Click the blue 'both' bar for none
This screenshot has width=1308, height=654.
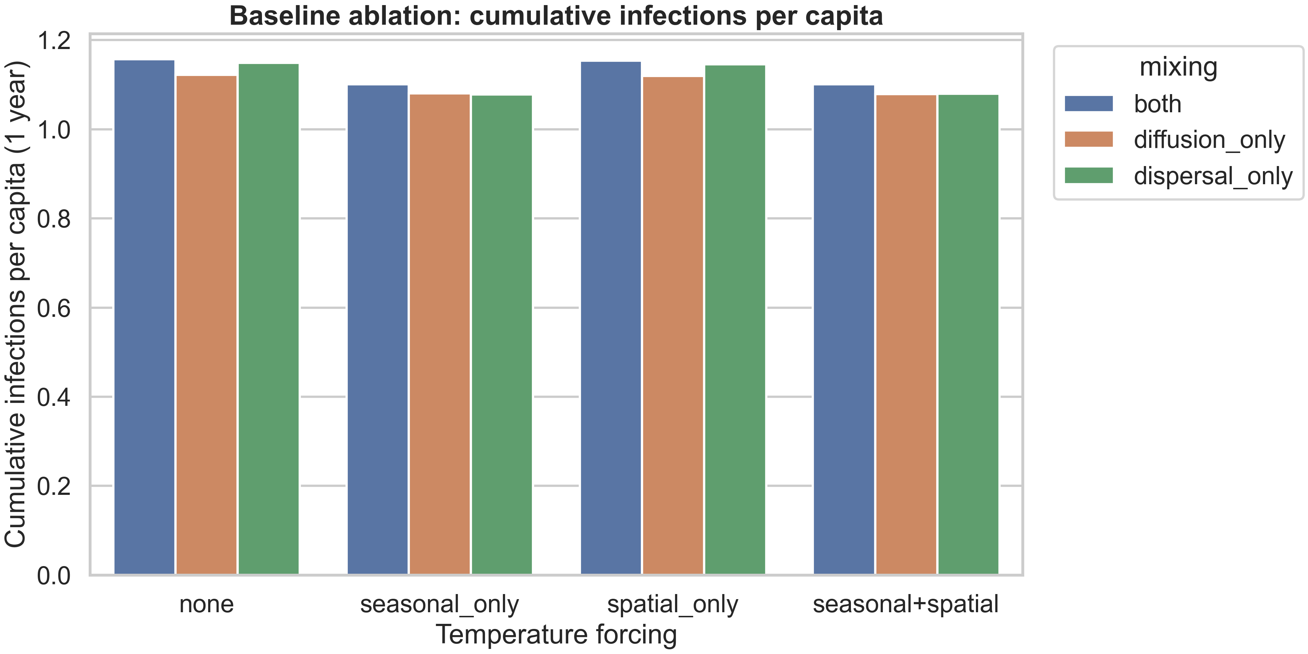pos(144,317)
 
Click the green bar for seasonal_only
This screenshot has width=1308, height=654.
pos(502,335)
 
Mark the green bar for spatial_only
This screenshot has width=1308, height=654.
pos(735,320)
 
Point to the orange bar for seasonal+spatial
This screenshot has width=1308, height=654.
pos(906,335)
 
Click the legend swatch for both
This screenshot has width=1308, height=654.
pos(1088,104)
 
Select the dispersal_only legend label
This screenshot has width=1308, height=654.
pos(1212,176)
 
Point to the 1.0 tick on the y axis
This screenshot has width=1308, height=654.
pos(54,130)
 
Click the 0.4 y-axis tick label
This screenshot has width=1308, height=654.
pos(54,397)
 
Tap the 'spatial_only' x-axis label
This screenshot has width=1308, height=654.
pos(672,604)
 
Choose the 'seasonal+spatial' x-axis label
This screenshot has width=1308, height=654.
pos(905,604)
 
